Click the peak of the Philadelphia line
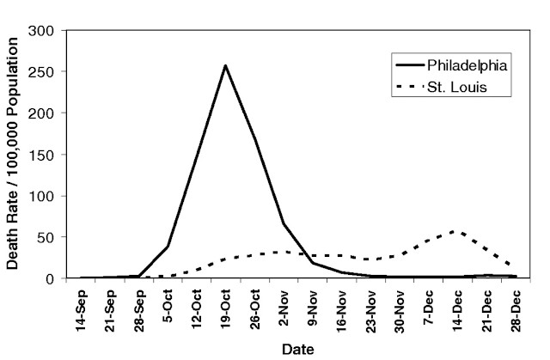225,65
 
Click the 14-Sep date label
81,310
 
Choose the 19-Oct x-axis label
226,310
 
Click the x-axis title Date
298,349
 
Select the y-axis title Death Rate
14,156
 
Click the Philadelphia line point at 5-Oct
168,247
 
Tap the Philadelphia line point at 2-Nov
284,223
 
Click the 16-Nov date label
342,310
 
